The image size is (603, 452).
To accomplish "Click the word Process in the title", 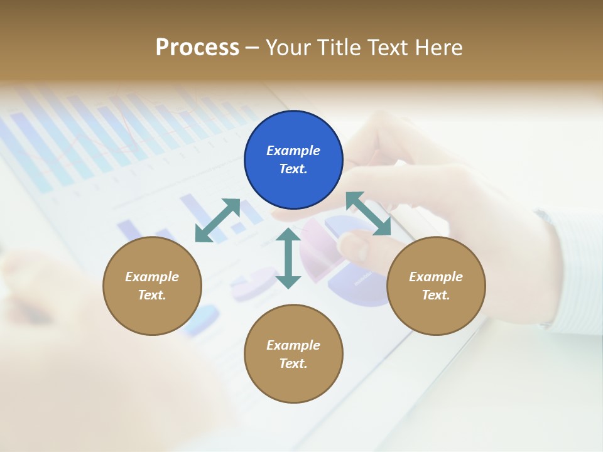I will coord(197,48).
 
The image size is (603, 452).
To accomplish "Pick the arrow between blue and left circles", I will coord(218,220).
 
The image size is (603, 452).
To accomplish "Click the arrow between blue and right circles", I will coord(368,213).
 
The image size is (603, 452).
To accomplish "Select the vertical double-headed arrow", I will coord(288,258).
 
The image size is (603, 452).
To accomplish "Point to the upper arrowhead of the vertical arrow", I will coord(288,235).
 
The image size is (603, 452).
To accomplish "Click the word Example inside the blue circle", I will coord(293,151).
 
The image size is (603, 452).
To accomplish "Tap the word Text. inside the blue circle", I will coord(293,169).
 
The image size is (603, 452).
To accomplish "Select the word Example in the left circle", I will coord(152,277).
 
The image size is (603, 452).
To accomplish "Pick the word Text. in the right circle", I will coord(436,295).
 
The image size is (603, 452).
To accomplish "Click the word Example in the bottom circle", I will coord(293,345).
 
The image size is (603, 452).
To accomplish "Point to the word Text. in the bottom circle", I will coord(293,363).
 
